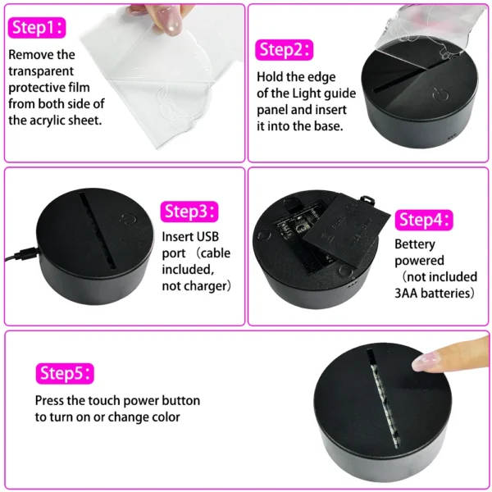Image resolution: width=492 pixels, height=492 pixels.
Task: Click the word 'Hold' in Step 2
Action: click(x=270, y=76)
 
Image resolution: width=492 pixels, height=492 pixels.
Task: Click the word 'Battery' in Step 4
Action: click(x=415, y=244)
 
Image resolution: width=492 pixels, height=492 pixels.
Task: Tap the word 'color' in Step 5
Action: click(x=164, y=417)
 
